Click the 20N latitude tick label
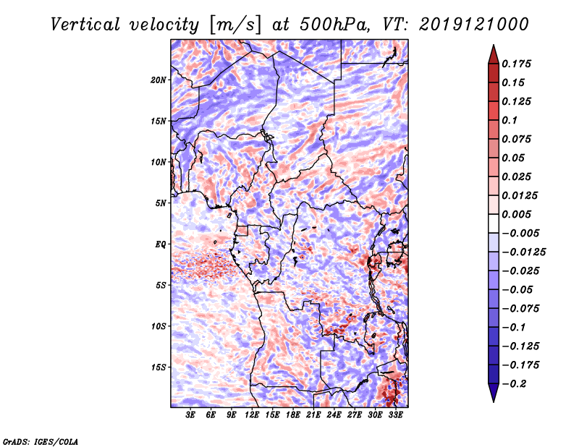coord(159,80)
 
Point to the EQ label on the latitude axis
coord(161,244)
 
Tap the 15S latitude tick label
coord(159,367)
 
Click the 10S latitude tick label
coord(159,325)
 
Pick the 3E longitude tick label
coord(191,415)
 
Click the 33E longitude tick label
coord(395,415)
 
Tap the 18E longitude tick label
coord(293,415)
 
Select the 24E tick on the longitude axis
coord(334,415)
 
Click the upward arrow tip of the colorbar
coord(492,47)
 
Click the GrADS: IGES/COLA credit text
coord(41,440)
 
